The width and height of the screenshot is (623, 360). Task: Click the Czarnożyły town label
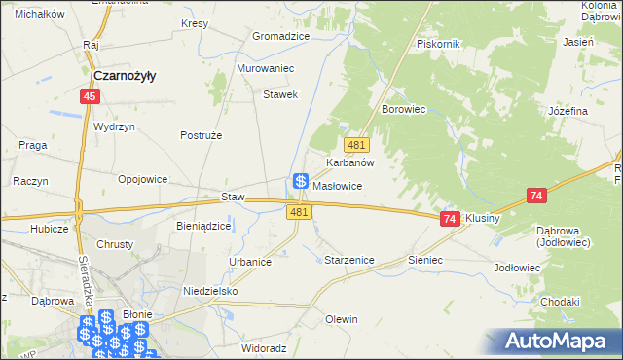click(x=126, y=75)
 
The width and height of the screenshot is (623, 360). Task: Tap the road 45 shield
click(x=90, y=96)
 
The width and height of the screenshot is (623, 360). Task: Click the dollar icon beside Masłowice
click(x=301, y=182)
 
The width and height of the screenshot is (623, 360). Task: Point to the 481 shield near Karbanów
click(x=356, y=144)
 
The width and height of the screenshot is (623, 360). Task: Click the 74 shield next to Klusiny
click(x=449, y=221)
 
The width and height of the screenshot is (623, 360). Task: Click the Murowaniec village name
click(x=265, y=69)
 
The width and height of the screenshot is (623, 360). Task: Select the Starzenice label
click(x=347, y=260)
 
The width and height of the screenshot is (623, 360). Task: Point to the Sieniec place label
click(x=425, y=260)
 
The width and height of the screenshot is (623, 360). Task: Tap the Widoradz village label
click(x=264, y=347)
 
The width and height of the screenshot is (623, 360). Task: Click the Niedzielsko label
click(x=210, y=291)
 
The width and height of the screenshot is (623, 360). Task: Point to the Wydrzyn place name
click(x=114, y=127)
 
